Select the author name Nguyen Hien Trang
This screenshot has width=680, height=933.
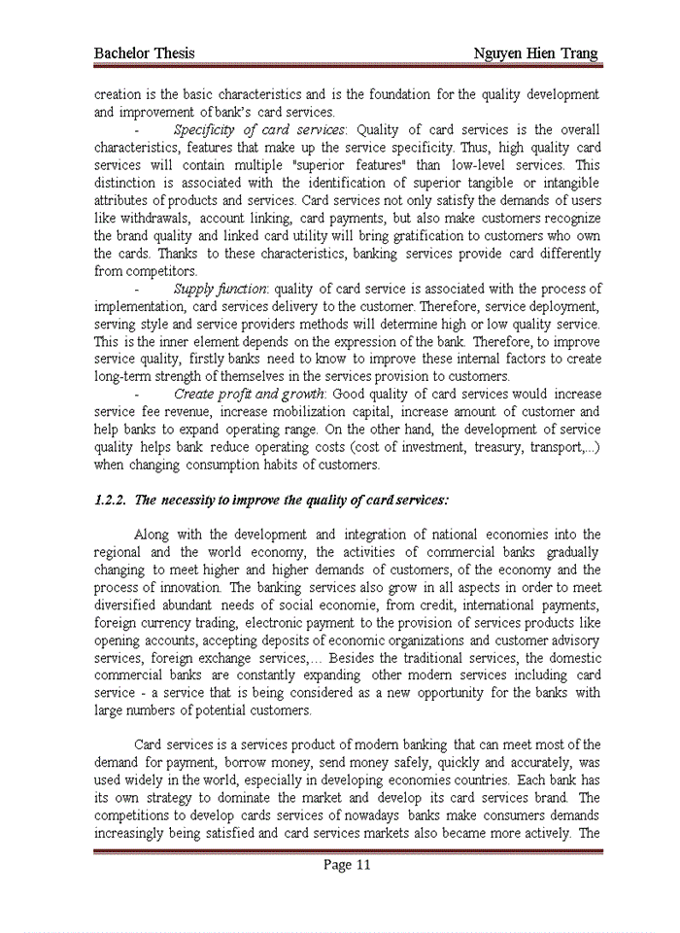(535, 52)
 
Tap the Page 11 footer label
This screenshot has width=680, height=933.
(348, 865)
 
